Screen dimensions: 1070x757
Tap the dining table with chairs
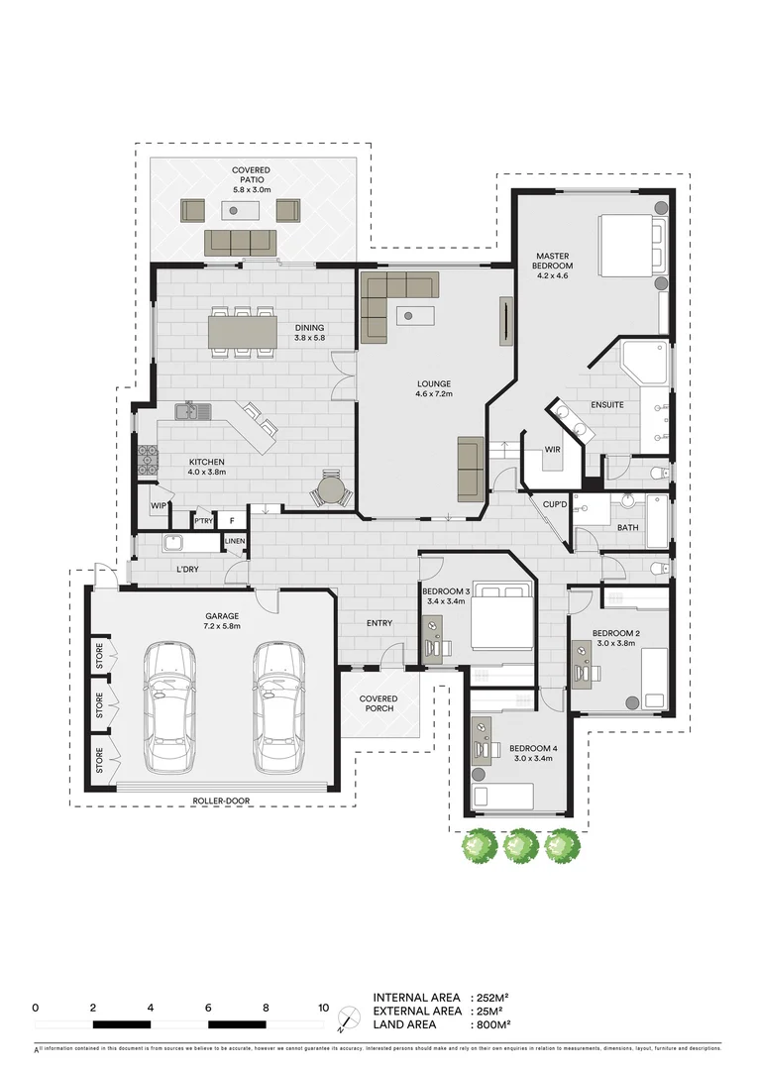243,329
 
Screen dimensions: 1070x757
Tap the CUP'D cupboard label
555,505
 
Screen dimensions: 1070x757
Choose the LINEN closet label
234,541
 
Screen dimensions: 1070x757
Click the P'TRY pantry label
203,519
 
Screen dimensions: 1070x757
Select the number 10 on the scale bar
323,1008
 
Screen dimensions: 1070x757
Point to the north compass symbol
348,1017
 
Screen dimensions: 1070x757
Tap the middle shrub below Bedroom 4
521,845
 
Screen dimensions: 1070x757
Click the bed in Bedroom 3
500,620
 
